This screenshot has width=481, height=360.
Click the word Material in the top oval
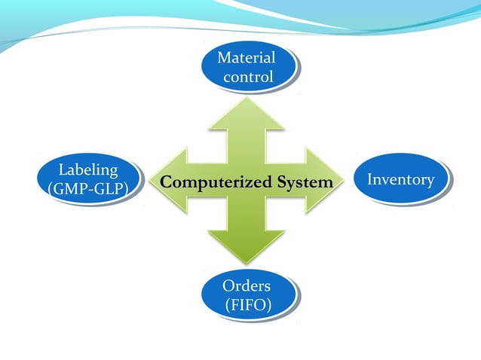click(x=246, y=58)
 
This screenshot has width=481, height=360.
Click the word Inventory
click(x=400, y=179)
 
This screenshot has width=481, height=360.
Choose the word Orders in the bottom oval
click(x=247, y=286)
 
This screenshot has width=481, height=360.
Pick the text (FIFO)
click(x=247, y=304)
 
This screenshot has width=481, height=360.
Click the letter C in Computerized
click(x=167, y=182)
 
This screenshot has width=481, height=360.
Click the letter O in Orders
click(x=228, y=286)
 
